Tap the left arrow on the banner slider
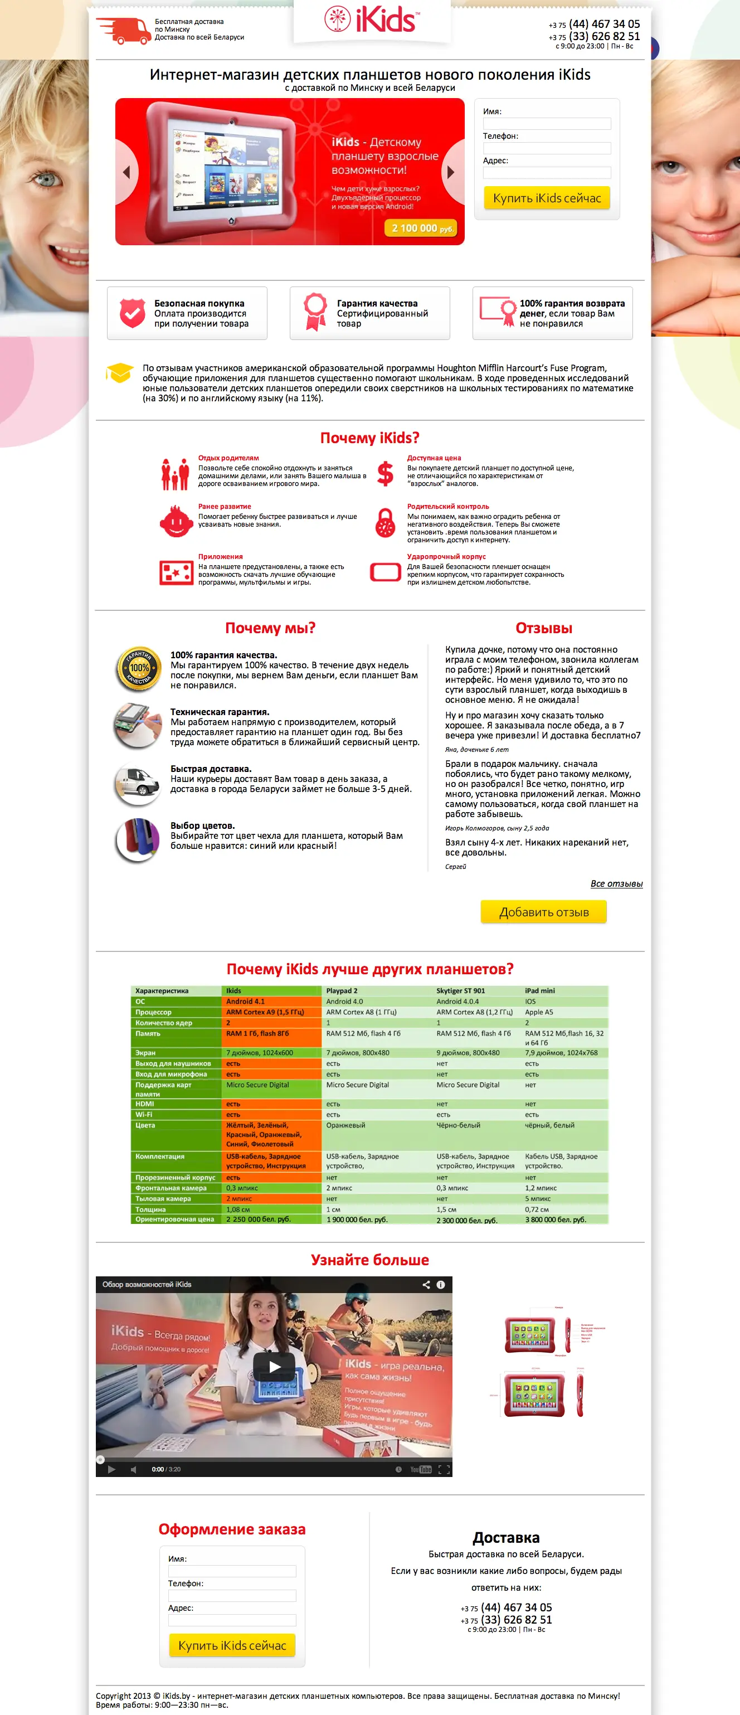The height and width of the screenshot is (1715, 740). point(126,172)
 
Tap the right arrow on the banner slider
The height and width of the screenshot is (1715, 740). point(451,172)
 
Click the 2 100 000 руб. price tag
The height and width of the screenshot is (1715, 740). point(421,229)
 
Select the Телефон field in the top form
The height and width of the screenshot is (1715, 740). point(546,148)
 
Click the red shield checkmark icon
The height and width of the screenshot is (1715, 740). point(132,313)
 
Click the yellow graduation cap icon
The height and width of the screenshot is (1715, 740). point(120,373)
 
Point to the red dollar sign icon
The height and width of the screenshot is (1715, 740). point(384,473)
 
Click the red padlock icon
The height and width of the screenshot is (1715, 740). point(384,523)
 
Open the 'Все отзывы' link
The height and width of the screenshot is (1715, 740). point(616,883)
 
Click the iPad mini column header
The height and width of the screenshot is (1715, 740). point(540,990)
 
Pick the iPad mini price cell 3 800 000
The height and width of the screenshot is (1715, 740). point(556,1219)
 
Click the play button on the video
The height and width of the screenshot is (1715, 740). point(274,1367)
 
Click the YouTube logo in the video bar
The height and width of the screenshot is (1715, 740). point(421,1469)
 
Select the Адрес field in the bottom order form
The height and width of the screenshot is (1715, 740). point(232,1620)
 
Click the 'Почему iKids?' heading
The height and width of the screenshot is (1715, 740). point(369,438)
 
